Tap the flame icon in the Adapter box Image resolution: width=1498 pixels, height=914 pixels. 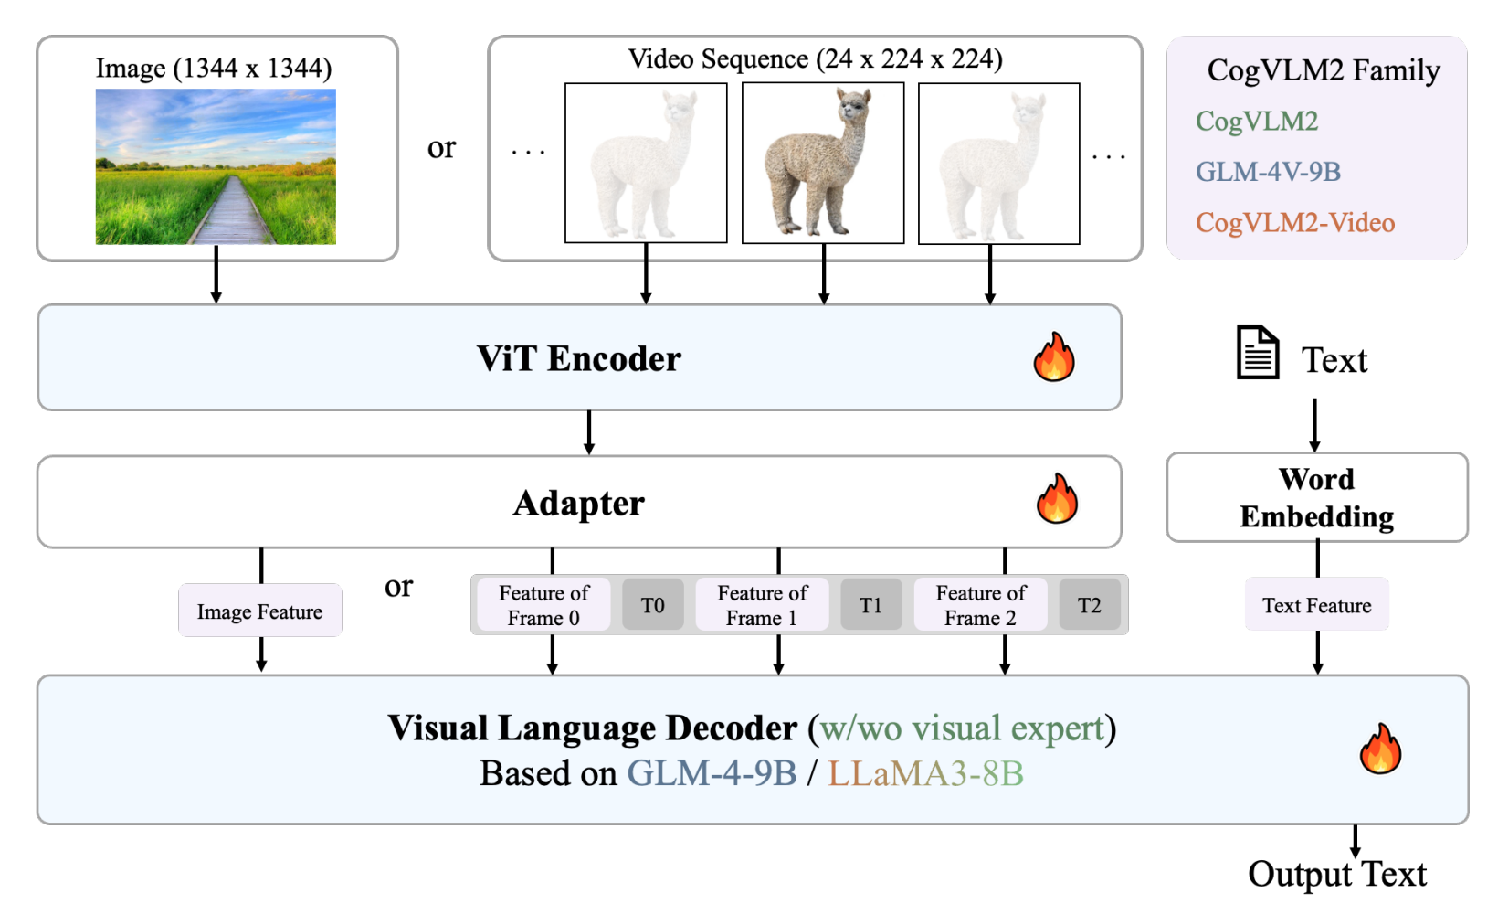pyautogui.click(x=1057, y=498)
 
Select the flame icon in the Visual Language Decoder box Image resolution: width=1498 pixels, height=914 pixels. pyautogui.click(x=1380, y=749)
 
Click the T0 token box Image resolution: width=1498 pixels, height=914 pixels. pyautogui.click(x=653, y=605)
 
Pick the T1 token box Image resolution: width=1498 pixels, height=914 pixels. pyautogui.click(x=870, y=605)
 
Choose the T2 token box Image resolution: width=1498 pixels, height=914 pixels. pyautogui.click(x=1090, y=605)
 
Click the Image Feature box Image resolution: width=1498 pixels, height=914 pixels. pyautogui.click(x=260, y=611)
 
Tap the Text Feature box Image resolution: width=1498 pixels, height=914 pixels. pyautogui.click(x=1317, y=605)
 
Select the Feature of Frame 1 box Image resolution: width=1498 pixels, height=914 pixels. pyautogui.click(x=763, y=605)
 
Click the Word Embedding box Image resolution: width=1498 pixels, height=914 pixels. pyautogui.click(x=1317, y=497)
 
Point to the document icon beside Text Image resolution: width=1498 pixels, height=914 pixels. pyautogui.click(x=1258, y=353)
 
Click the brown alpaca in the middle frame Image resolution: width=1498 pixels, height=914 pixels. pyautogui.click(x=819, y=162)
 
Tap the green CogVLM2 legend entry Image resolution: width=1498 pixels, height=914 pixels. pyautogui.click(x=1257, y=122)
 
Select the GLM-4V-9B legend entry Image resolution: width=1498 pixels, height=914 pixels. pyautogui.click(x=1268, y=172)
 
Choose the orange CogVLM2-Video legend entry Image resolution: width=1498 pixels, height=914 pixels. pyautogui.click(x=1295, y=223)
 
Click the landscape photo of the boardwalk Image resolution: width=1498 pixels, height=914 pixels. pyautogui.click(x=216, y=166)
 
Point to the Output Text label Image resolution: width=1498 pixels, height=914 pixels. pyautogui.click(x=1337, y=874)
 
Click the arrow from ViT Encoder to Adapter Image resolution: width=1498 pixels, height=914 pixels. pyautogui.click(x=588, y=432)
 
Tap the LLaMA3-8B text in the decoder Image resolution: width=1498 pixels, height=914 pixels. pyautogui.click(x=925, y=773)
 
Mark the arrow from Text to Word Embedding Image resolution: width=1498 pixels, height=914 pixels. pyautogui.click(x=1314, y=425)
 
